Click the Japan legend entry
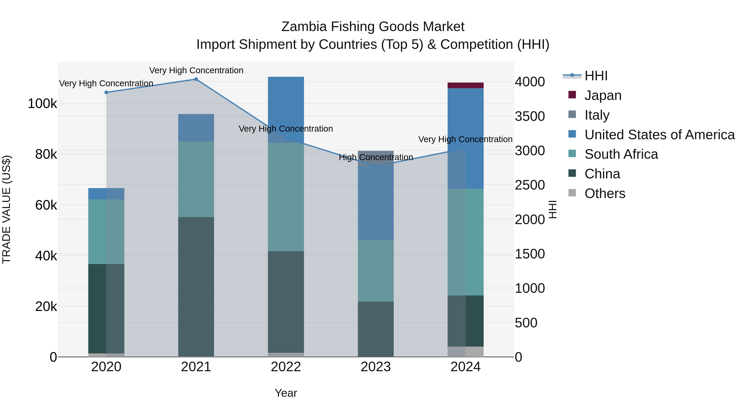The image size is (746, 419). point(603,95)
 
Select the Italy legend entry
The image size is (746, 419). point(597,115)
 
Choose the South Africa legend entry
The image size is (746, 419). point(621,154)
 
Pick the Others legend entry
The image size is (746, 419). point(605,193)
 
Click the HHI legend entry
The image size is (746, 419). point(596,76)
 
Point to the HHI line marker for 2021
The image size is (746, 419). point(196,79)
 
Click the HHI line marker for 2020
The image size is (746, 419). point(106,92)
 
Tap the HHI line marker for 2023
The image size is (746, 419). point(376,167)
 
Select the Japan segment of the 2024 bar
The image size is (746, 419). point(465,85)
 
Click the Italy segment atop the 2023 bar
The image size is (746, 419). point(376,156)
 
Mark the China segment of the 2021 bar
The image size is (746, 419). point(196,286)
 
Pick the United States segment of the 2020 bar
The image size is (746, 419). point(106,194)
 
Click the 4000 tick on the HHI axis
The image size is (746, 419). point(530,82)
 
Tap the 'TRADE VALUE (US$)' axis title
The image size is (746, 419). point(7,209)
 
